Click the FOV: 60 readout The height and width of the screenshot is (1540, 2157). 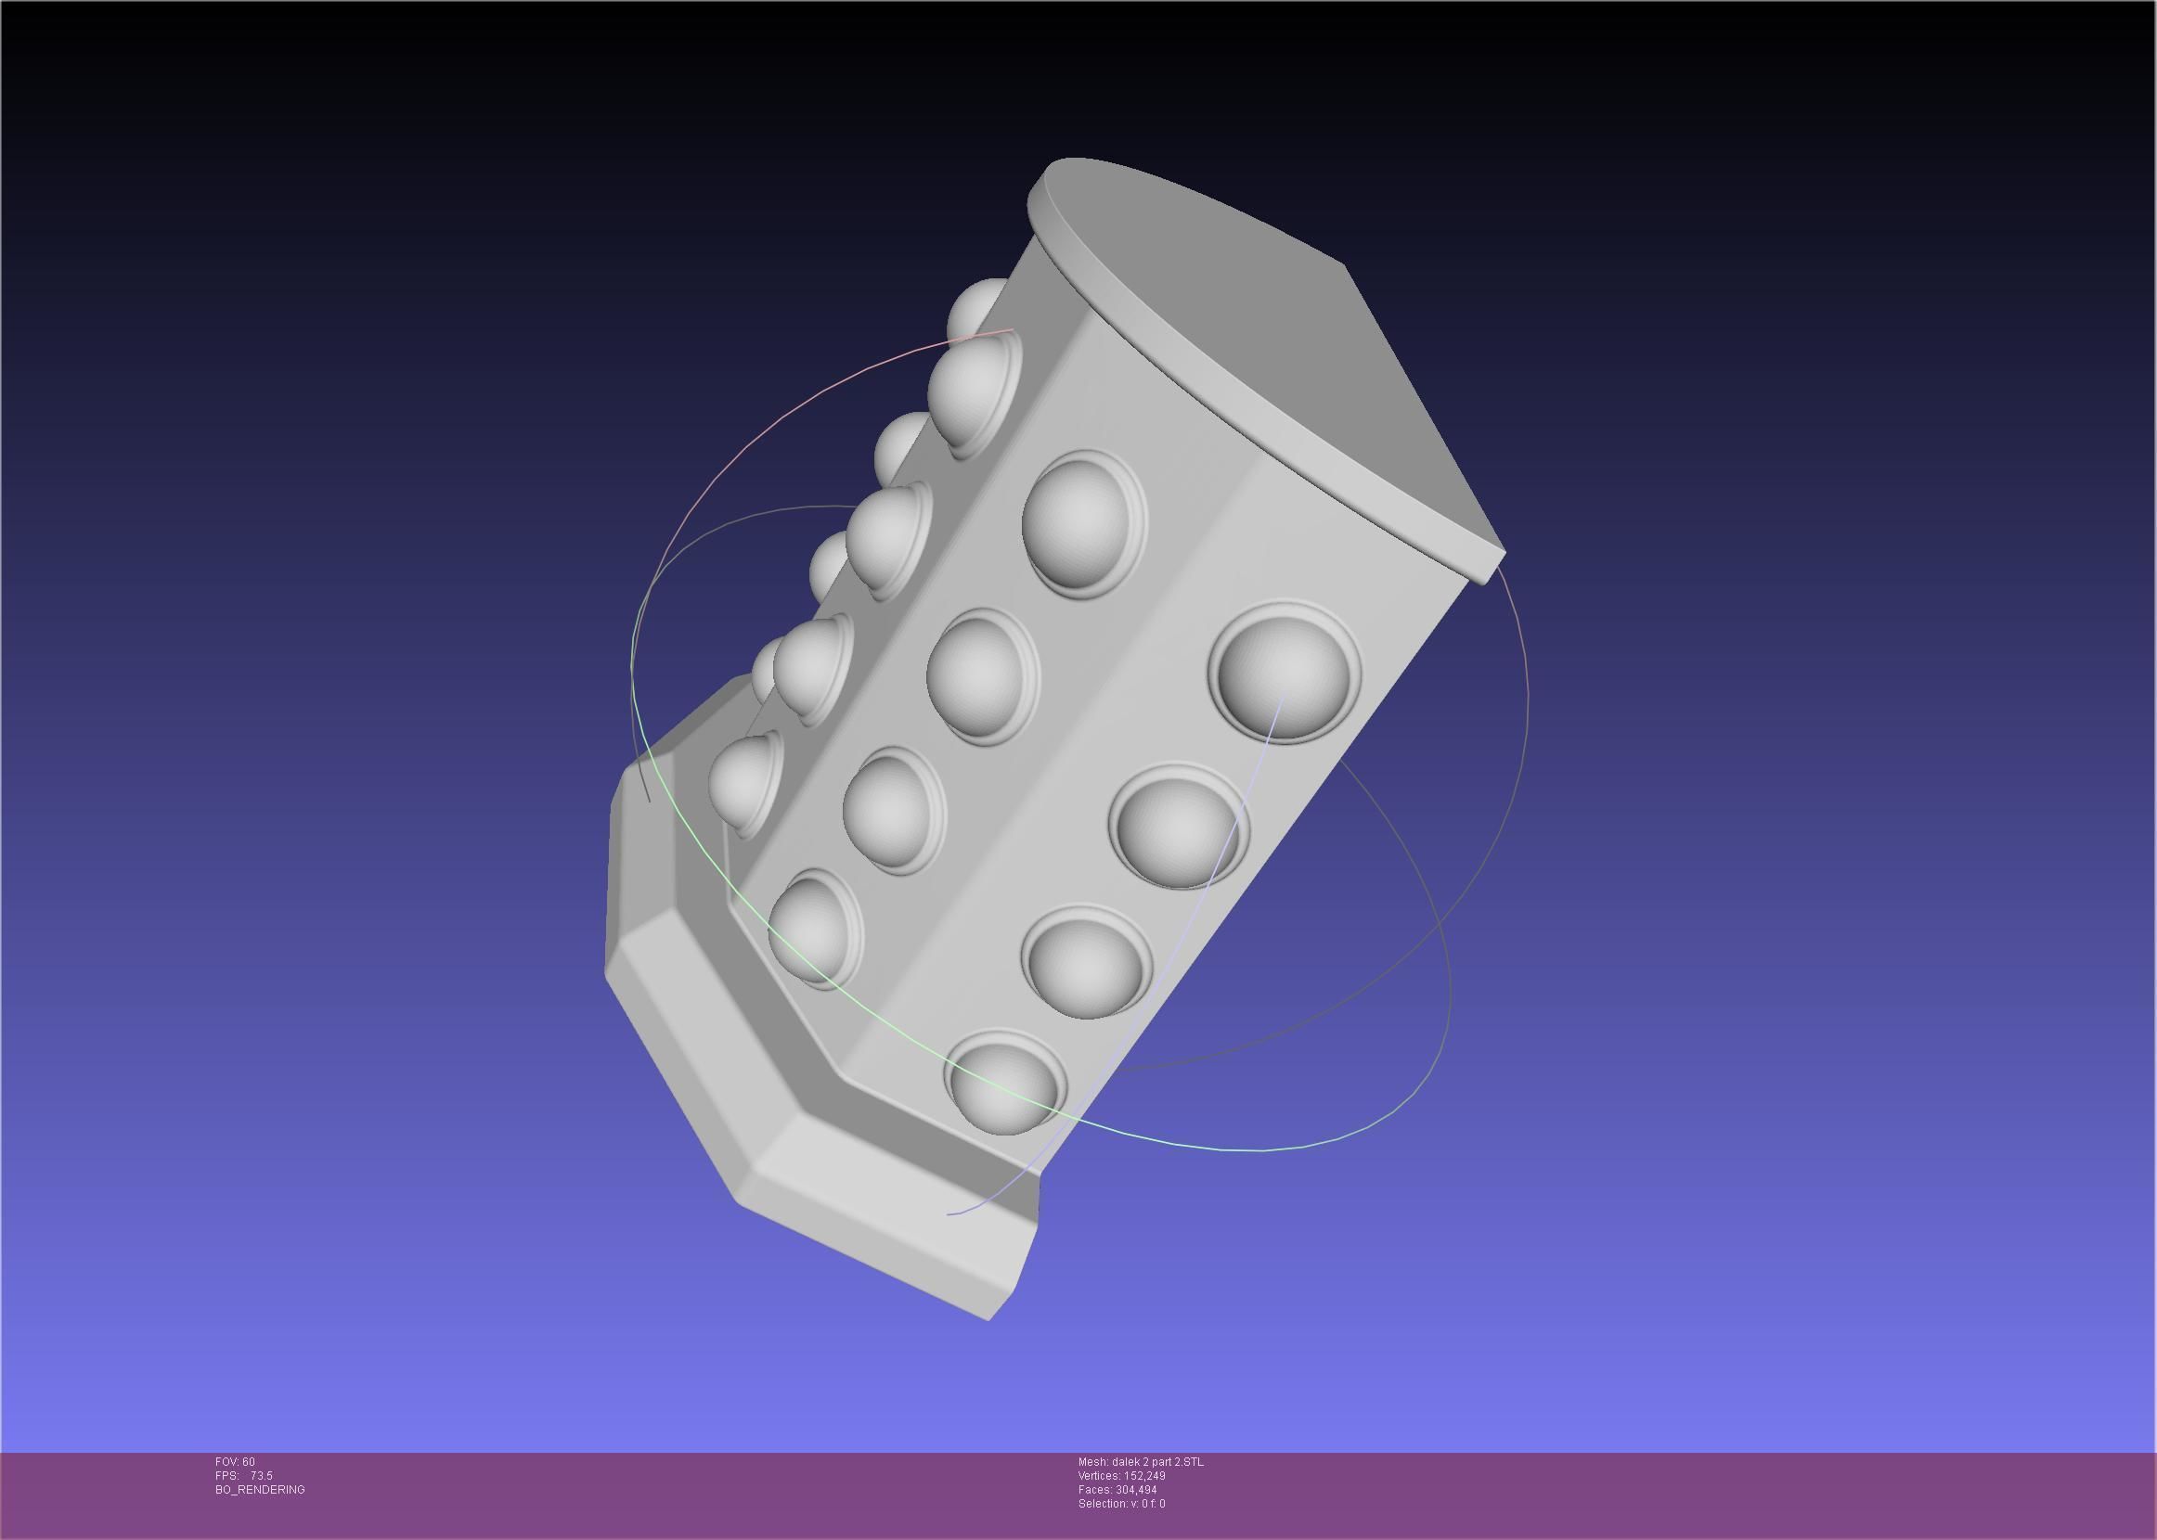[x=235, y=1461]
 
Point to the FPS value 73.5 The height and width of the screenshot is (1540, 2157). [x=261, y=1475]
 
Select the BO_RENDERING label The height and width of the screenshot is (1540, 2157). [x=260, y=1490]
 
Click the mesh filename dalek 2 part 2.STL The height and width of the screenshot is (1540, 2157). [x=1140, y=1461]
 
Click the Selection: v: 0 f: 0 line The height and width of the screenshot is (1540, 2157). [x=1121, y=1504]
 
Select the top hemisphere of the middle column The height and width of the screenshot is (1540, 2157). [x=1081, y=522]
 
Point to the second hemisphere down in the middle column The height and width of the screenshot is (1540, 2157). [x=981, y=675]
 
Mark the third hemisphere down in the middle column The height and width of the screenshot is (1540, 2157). [x=892, y=809]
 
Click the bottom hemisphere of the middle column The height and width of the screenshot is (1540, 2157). [x=814, y=930]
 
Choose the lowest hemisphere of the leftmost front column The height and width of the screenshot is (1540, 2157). [x=743, y=783]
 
